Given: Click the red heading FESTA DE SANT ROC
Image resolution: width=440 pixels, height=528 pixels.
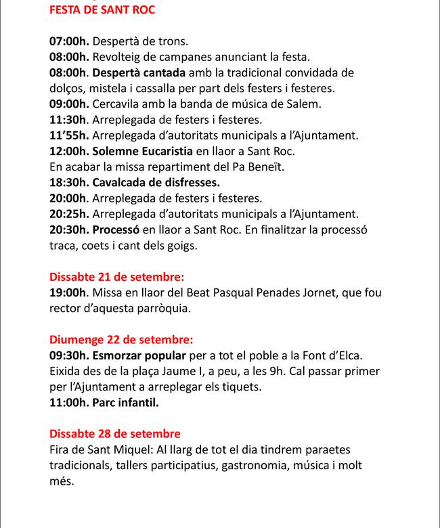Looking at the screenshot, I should [102, 11].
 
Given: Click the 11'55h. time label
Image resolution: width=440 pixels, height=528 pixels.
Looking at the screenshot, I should [68, 135].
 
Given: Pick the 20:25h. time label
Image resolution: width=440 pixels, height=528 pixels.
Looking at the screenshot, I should [68, 214].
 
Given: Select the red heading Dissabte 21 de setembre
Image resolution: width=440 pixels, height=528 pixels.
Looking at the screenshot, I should [116, 277].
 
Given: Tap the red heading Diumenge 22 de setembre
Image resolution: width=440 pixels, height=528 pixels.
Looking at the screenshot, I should [121, 339].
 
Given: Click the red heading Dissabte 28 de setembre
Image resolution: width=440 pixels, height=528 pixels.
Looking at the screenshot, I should [115, 434].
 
